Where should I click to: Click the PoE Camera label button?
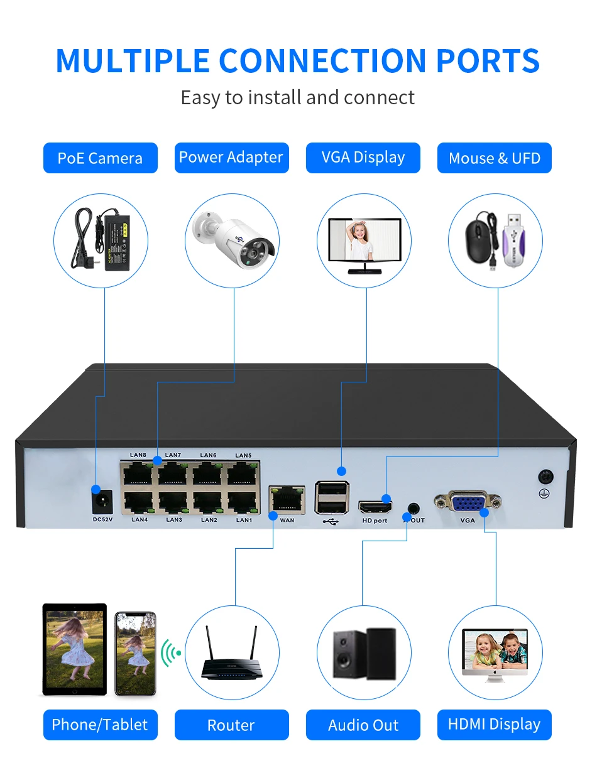101,158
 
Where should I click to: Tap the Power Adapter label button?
232,158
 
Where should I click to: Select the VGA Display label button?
363,158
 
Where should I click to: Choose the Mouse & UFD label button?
494,158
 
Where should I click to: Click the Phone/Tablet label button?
101,725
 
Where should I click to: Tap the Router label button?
232,725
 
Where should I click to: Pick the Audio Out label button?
363,725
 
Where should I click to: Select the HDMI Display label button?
494,725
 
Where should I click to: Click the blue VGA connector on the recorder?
468,502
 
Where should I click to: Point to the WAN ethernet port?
287,499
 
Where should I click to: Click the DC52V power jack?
102,502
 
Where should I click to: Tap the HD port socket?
375,507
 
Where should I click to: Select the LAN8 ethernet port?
138,473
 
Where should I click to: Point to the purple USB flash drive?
513,240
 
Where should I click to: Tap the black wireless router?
231,653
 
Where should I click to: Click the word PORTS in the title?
488,61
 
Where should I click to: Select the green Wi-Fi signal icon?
170,653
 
